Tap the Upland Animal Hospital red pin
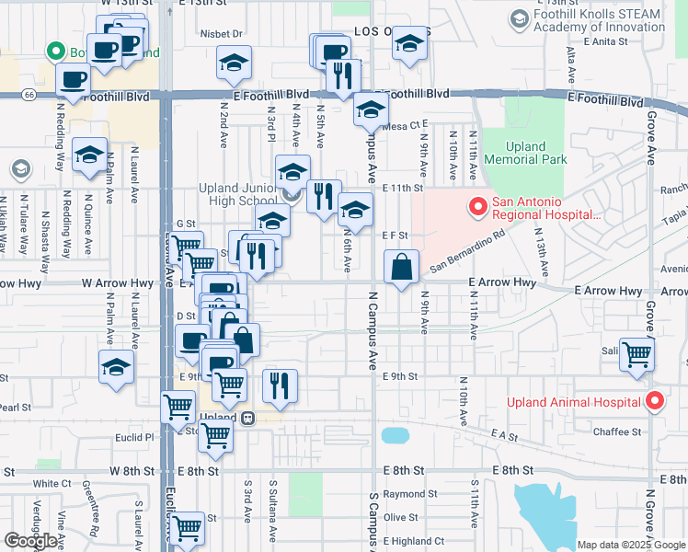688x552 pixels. click(x=654, y=401)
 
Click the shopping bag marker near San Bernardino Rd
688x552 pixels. click(x=401, y=269)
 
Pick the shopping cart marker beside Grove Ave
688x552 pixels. click(x=636, y=355)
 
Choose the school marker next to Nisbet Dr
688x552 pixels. click(x=234, y=64)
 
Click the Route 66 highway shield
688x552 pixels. click(x=29, y=94)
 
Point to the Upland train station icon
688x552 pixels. click(x=247, y=418)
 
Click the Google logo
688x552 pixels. click(x=31, y=541)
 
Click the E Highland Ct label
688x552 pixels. click(x=413, y=541)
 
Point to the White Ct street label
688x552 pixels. click(x=45, y=483)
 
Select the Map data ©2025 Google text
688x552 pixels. click(x=630, y=545)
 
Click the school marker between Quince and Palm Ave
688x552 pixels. click(x=90, y=156)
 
